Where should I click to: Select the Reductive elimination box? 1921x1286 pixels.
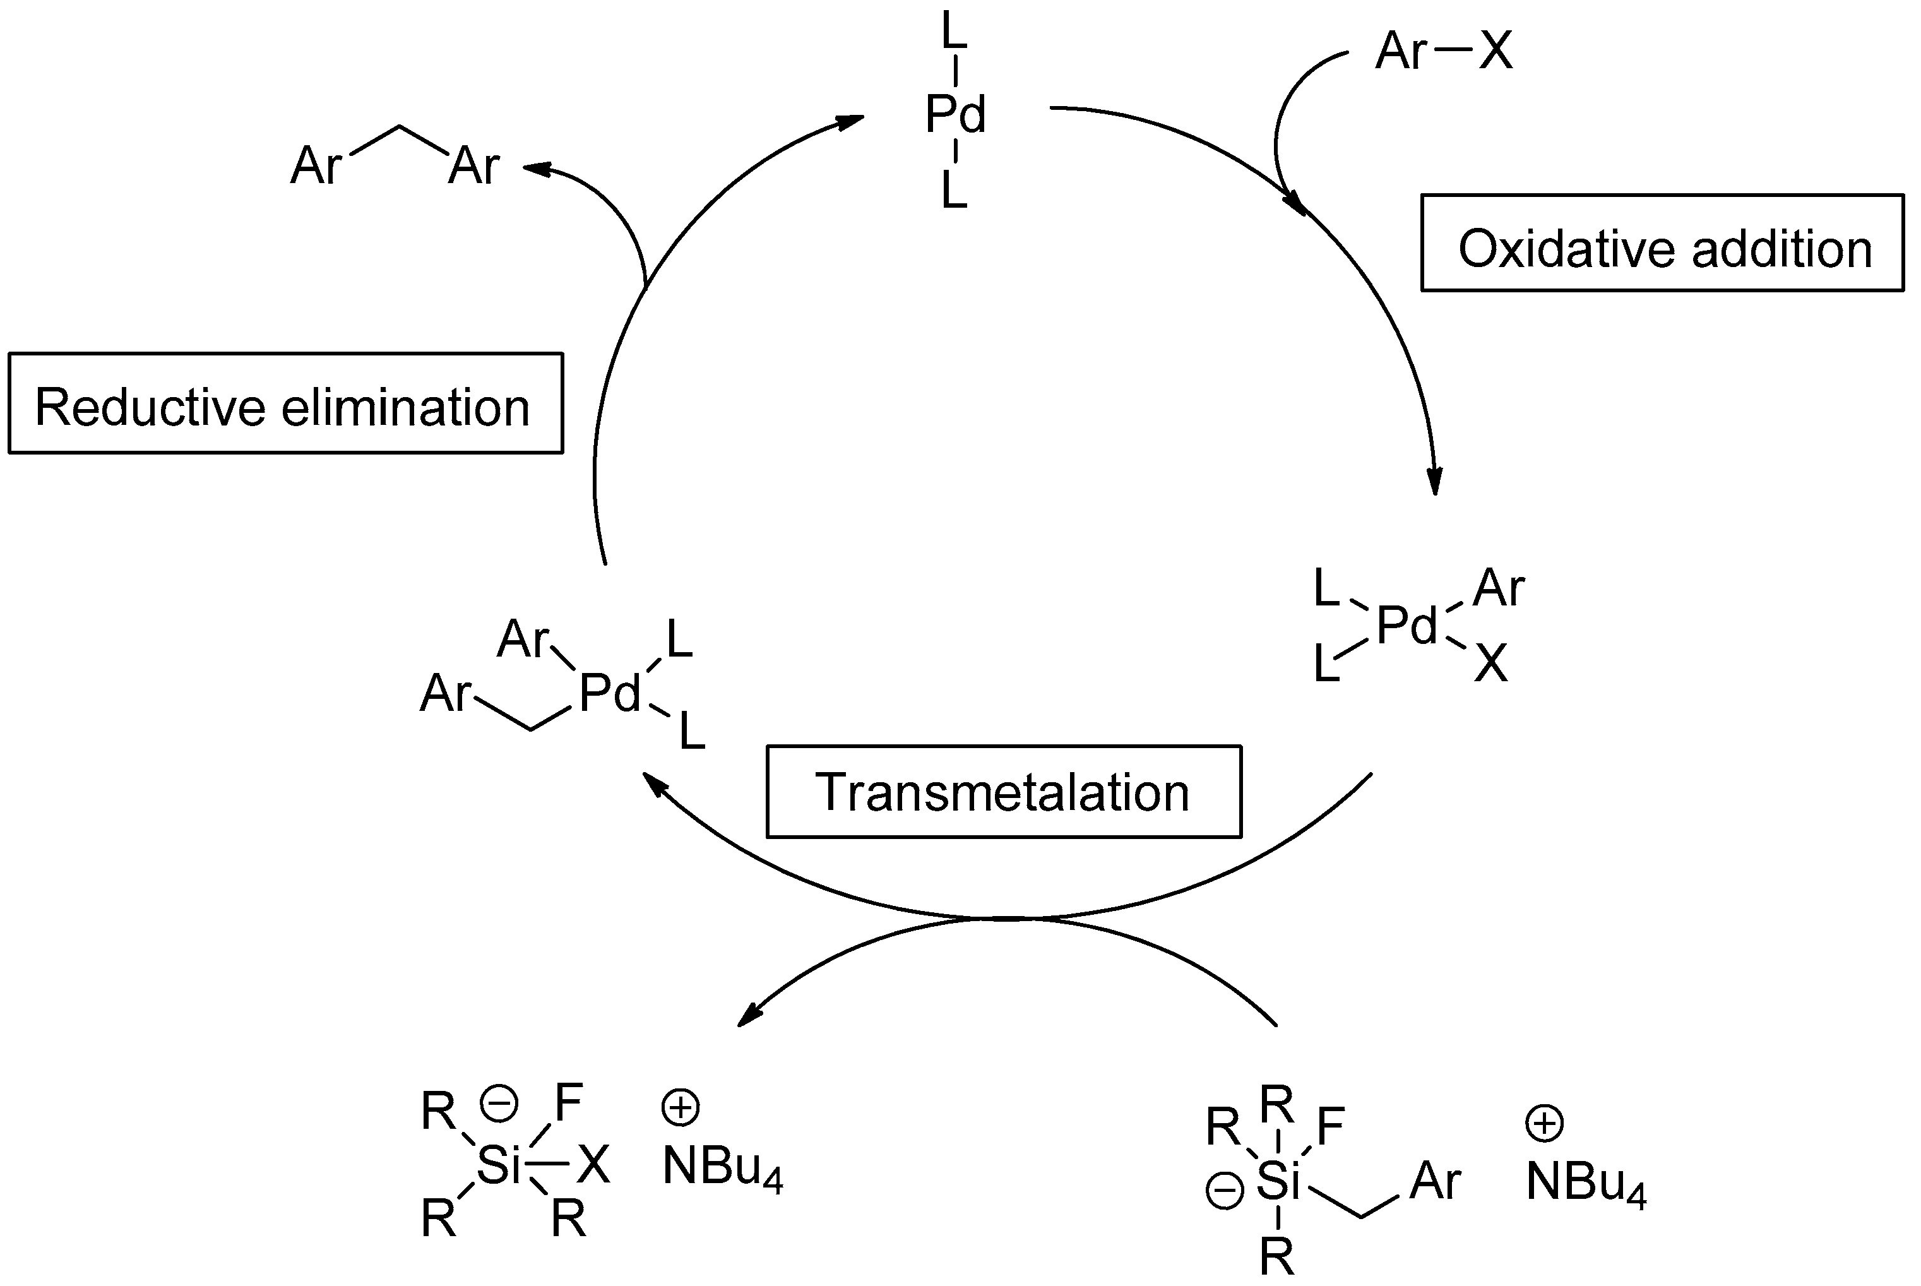coord(285,403)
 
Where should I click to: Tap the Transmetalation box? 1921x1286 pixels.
coord(1004,792)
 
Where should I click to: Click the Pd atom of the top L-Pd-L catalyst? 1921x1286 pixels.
coord(955,114)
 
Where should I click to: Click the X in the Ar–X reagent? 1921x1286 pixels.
coord(1496,51)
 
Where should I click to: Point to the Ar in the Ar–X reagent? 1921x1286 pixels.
coord(1401,51)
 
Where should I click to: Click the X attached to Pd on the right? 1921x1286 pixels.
coord(1490,663)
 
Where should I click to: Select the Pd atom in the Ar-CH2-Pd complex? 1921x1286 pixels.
coord(609,694)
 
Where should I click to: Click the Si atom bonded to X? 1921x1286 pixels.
coord(499,1165)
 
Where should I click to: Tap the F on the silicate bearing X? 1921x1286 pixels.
coord(568,1102)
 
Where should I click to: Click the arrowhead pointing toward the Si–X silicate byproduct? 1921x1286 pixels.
coord(749,1016)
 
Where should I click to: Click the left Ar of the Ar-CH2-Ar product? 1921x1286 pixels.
coord(316,165)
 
